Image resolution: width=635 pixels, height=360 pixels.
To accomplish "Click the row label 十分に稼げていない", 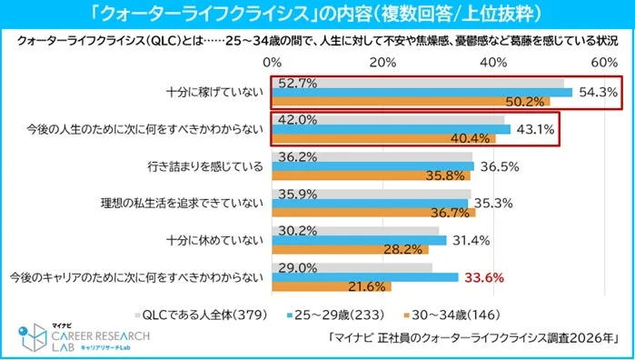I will (215, 92).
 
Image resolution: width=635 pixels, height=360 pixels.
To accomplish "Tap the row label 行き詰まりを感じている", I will (207, 165).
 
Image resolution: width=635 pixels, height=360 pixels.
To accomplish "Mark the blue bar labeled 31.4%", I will (358, 240).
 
